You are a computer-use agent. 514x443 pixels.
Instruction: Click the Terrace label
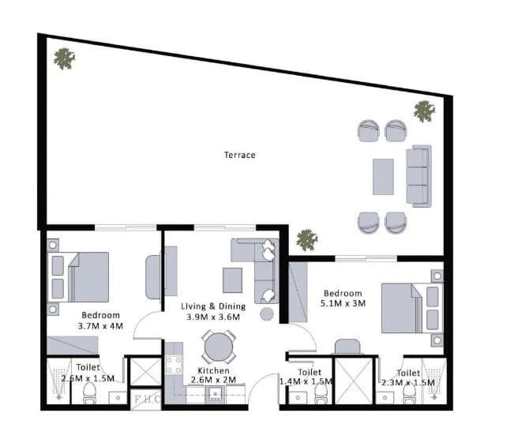point(239,155)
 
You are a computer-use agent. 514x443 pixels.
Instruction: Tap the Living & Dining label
point(213,306)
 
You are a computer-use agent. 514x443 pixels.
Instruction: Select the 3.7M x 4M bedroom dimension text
point(100,326)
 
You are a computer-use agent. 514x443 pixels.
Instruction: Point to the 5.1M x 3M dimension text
point(343,303)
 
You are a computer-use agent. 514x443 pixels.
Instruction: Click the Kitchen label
point(213,370)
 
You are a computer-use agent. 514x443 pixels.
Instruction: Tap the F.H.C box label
point(147,399)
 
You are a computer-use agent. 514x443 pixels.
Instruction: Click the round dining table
point(219,347)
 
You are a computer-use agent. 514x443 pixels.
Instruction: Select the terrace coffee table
point(383,177)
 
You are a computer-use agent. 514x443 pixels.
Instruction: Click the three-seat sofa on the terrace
point(419,176)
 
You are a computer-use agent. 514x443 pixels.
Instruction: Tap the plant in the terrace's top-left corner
point(64,58)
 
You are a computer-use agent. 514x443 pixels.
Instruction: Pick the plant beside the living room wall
point(307,240)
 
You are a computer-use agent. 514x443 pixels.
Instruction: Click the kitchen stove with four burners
point(174,365)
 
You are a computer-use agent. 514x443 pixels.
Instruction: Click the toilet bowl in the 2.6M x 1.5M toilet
point(89,392)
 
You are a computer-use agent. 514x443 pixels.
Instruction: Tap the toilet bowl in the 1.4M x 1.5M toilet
point(321,394)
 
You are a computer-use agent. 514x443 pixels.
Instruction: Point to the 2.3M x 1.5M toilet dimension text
point(408,383)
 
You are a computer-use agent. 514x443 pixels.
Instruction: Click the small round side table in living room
point(267,314)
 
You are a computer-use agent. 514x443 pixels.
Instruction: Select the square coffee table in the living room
point(232,280)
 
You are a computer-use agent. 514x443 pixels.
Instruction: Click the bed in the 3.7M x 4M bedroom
point(78,277)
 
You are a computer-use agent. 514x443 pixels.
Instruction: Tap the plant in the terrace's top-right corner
point(424,111)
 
